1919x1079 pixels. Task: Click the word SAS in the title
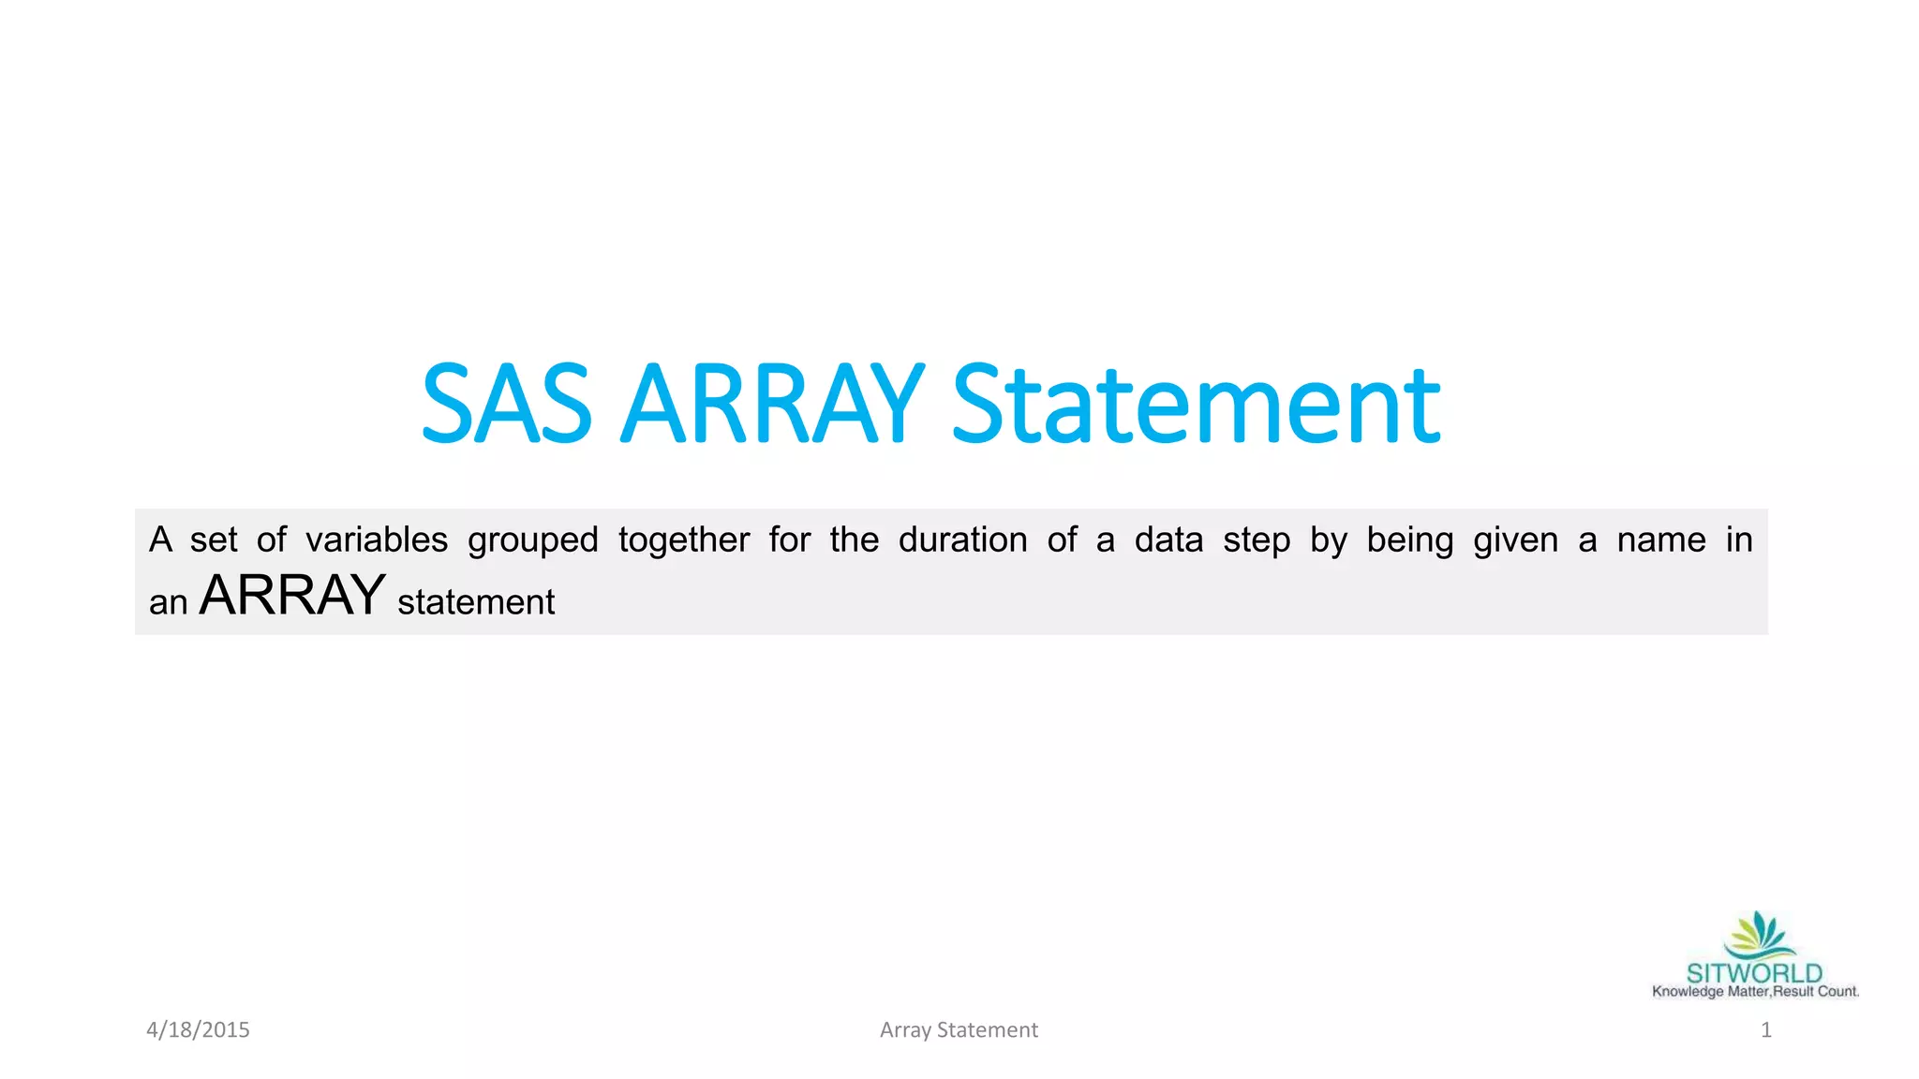[507, 405]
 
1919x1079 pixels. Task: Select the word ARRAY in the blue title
[772, 405]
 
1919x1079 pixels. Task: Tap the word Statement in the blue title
[1196, 405]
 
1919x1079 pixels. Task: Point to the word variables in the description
[377, 540]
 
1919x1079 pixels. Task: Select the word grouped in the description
[532, 541]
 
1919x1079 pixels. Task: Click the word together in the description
[684, 541]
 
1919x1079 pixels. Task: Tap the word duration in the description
[962, 540]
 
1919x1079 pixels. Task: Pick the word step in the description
[1256, 541]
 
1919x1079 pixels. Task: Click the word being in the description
[1409, 541]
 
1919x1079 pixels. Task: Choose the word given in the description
[1515, 541]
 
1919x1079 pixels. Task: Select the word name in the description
[1661, 540]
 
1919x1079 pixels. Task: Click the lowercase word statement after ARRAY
[476, 602]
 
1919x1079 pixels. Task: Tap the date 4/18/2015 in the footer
[198, 1030]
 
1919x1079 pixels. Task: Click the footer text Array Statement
[959, 1030]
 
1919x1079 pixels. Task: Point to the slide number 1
[1765, 1030]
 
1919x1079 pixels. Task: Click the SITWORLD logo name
[1754, 973]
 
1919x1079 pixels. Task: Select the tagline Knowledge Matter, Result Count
[1755, 992]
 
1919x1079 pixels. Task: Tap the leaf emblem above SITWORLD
[1759, 935]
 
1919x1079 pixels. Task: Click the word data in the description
[1168, 540]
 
